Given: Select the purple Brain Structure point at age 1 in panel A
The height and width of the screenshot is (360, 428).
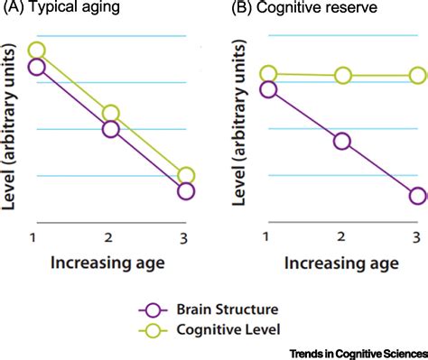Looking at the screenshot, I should (36, 67).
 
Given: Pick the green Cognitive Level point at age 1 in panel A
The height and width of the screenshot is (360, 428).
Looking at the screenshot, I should (36, 51).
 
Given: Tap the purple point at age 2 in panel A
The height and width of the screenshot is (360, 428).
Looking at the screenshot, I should (111, 129).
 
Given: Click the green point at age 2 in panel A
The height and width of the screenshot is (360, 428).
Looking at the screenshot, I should (111, 114).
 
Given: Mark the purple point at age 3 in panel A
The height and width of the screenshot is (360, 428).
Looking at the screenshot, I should (186, 191).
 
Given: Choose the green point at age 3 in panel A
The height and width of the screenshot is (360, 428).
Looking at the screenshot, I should (186, 176).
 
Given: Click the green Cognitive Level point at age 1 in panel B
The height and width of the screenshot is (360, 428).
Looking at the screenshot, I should (268, 74).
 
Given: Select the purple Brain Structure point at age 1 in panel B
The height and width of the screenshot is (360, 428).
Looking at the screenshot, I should (268, 89).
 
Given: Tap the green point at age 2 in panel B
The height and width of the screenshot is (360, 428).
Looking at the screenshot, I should (342, 76).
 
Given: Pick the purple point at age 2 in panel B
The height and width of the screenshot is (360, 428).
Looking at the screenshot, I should (342, 142).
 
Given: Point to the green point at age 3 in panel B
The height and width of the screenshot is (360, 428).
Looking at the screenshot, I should (417, 76).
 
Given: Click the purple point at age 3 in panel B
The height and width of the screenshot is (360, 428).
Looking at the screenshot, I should (417, 196).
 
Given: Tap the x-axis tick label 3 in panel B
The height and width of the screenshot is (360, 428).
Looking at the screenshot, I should (416, 237).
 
